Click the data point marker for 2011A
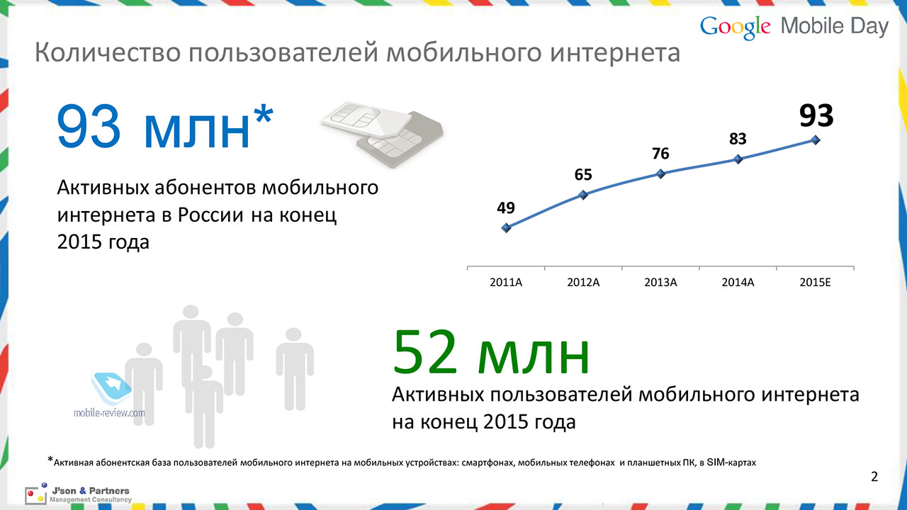point(506,228)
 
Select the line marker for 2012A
point(583,195)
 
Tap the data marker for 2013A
point(661,174)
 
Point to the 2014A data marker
point(738,159)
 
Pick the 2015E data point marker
point(816,140)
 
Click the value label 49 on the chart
point(506,208)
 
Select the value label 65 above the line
point(583,175)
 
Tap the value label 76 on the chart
point(660,154)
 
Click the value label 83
point(738,140)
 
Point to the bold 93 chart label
point(816,116)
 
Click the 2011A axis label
point(506,283)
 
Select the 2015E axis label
point(815,283)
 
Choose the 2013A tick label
point(660,283)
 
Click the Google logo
point(736,28)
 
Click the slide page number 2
point(874,477)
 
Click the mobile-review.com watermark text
point(109,413)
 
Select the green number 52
point(425,352)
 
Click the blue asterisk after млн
point(264,114)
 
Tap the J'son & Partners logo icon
point(35,494)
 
